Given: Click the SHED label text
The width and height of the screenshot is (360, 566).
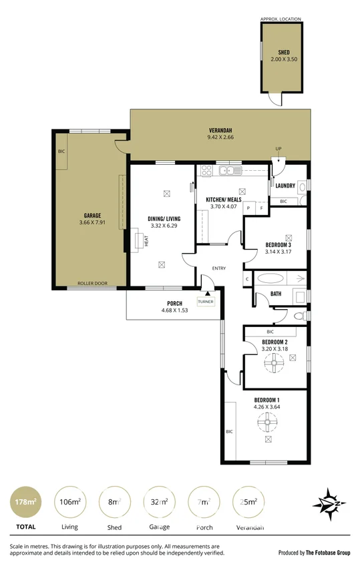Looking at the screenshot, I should click(284, 52).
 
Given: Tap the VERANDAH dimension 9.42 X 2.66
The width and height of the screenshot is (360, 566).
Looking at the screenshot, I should click(220, 137).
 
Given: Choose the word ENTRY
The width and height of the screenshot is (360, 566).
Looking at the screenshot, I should click(219, 268).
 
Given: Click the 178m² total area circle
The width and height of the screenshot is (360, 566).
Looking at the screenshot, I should click(25, 502).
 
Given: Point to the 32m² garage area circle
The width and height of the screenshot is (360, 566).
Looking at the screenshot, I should click(159, 502).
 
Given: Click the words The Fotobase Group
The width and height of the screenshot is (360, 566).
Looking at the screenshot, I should click(329, 553).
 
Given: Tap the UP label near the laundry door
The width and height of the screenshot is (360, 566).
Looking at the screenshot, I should click(278, 148).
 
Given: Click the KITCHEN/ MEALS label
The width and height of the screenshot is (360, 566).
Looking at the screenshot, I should click(224, 200).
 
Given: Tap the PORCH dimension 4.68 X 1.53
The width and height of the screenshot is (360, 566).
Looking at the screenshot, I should click(175, 310).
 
